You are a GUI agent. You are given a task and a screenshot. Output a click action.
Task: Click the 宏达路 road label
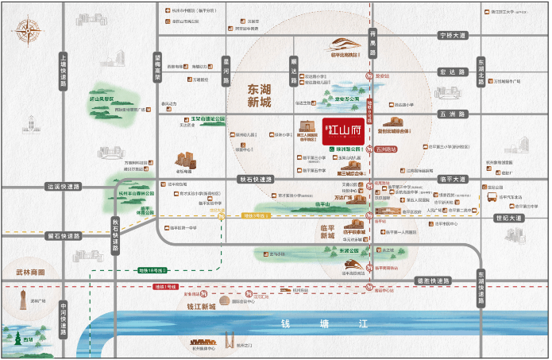(x=454, y=72)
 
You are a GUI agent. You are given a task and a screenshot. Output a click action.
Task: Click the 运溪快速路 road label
(x=64, y=187)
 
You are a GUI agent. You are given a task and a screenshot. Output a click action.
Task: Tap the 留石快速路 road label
(x=64, y=235)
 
